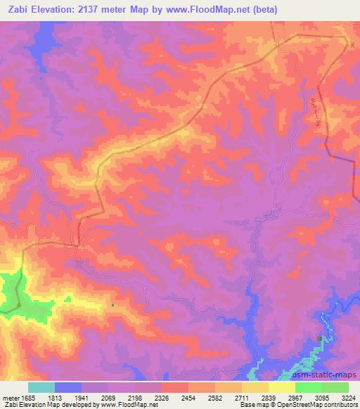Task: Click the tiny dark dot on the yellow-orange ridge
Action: click(x=112, y=305)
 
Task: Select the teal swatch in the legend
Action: click(x=41, y=387)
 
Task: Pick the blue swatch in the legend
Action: click(x=68, y=387)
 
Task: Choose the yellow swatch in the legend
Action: click(x=282, y=387)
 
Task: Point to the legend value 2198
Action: click(x=149, y=398)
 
